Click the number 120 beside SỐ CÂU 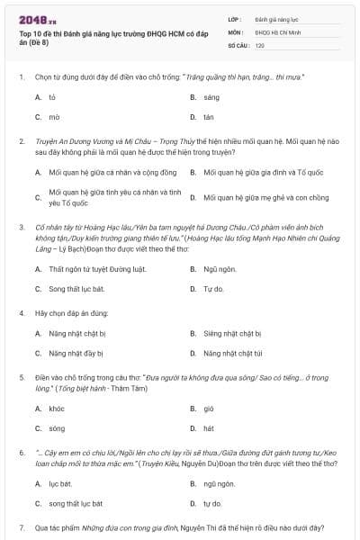point(259,44)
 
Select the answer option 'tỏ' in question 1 point(53,95)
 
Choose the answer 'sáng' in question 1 point(211,95)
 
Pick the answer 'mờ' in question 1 point(54,117)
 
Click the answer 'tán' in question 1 point(209,117)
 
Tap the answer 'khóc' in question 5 point(57,408)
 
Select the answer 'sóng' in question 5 point(57,428)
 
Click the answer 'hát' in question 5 point(209,428)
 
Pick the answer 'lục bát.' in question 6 point(60,483)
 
